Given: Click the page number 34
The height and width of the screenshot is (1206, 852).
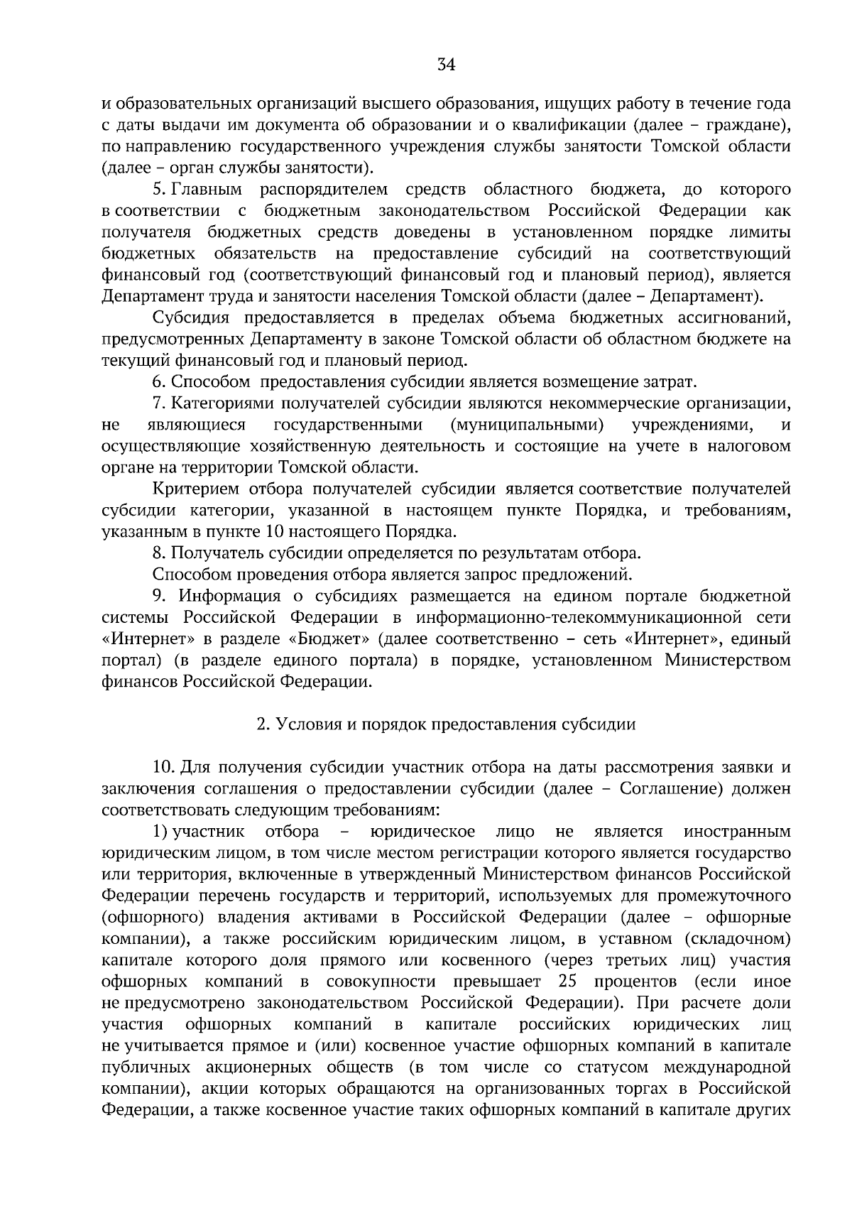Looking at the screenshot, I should pos(446,65).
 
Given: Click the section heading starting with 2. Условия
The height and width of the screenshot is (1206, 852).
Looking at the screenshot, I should pos(446,724).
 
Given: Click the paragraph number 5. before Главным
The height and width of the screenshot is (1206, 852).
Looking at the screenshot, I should pos(159,190).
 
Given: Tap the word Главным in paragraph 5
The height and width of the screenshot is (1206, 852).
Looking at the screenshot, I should pos(207,190).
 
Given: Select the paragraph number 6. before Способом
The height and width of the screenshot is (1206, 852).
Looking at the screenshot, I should pos(159,382).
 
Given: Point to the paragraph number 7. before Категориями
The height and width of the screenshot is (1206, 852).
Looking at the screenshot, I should pos(159,403).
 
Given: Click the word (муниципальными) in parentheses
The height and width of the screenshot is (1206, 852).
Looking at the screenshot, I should pos(527,425).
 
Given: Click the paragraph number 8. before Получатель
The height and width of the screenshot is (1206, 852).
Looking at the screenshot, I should pos(159,553).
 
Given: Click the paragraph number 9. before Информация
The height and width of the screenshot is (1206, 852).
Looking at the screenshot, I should pos(159,596).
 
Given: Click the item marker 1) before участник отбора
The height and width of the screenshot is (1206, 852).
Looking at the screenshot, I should pos(159,831).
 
